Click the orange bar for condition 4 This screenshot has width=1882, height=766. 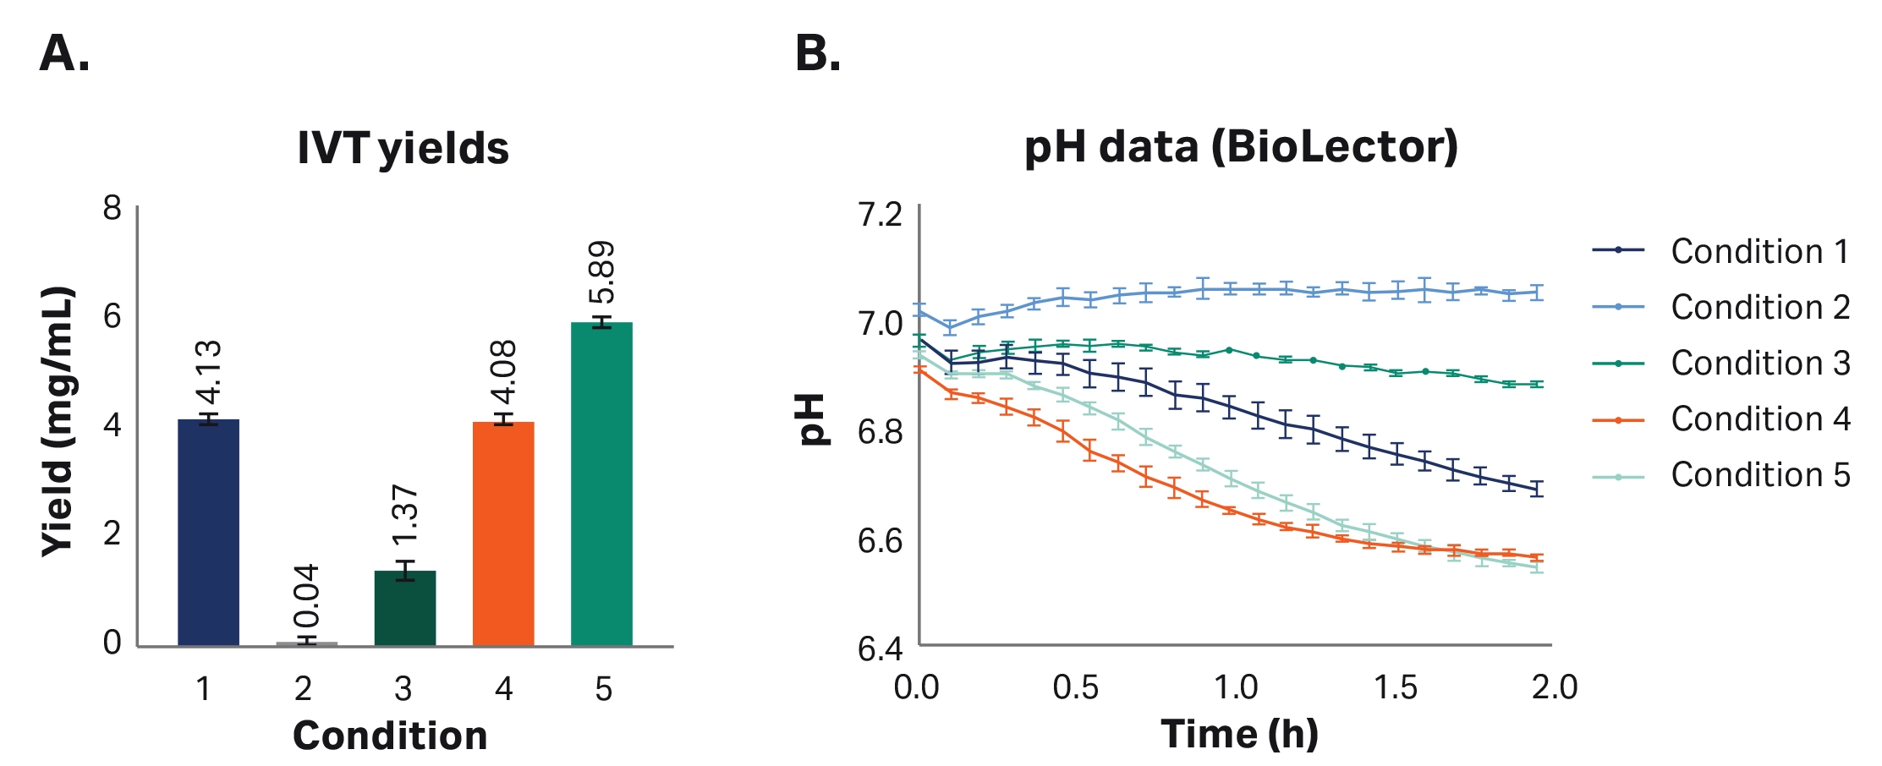[x=503, y=533]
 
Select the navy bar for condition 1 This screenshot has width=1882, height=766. [x=208, y=533]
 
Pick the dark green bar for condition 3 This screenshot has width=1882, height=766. [x=405, y=609]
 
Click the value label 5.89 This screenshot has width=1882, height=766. [x=602, y=272]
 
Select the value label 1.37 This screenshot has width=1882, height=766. [x=405, y=516]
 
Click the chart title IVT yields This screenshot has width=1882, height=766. [x=403, y=148]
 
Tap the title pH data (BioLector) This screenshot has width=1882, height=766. [x=1241, y=147]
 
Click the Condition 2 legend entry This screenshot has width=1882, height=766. [x=1721, y=307]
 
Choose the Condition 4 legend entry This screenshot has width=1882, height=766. [x=1721, y=419]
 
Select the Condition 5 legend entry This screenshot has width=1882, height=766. [x=1721, y=474]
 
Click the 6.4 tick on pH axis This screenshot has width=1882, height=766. [x=881, y=648]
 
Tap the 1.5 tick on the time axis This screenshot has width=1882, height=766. [x=1395, y=687]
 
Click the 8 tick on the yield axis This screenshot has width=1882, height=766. [x=112, y=208]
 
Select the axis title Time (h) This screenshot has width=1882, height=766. [x=1239, y=734]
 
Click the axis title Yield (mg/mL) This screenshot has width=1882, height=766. [x=58, y=421]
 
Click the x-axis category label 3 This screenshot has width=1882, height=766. [x=403, y=689]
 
